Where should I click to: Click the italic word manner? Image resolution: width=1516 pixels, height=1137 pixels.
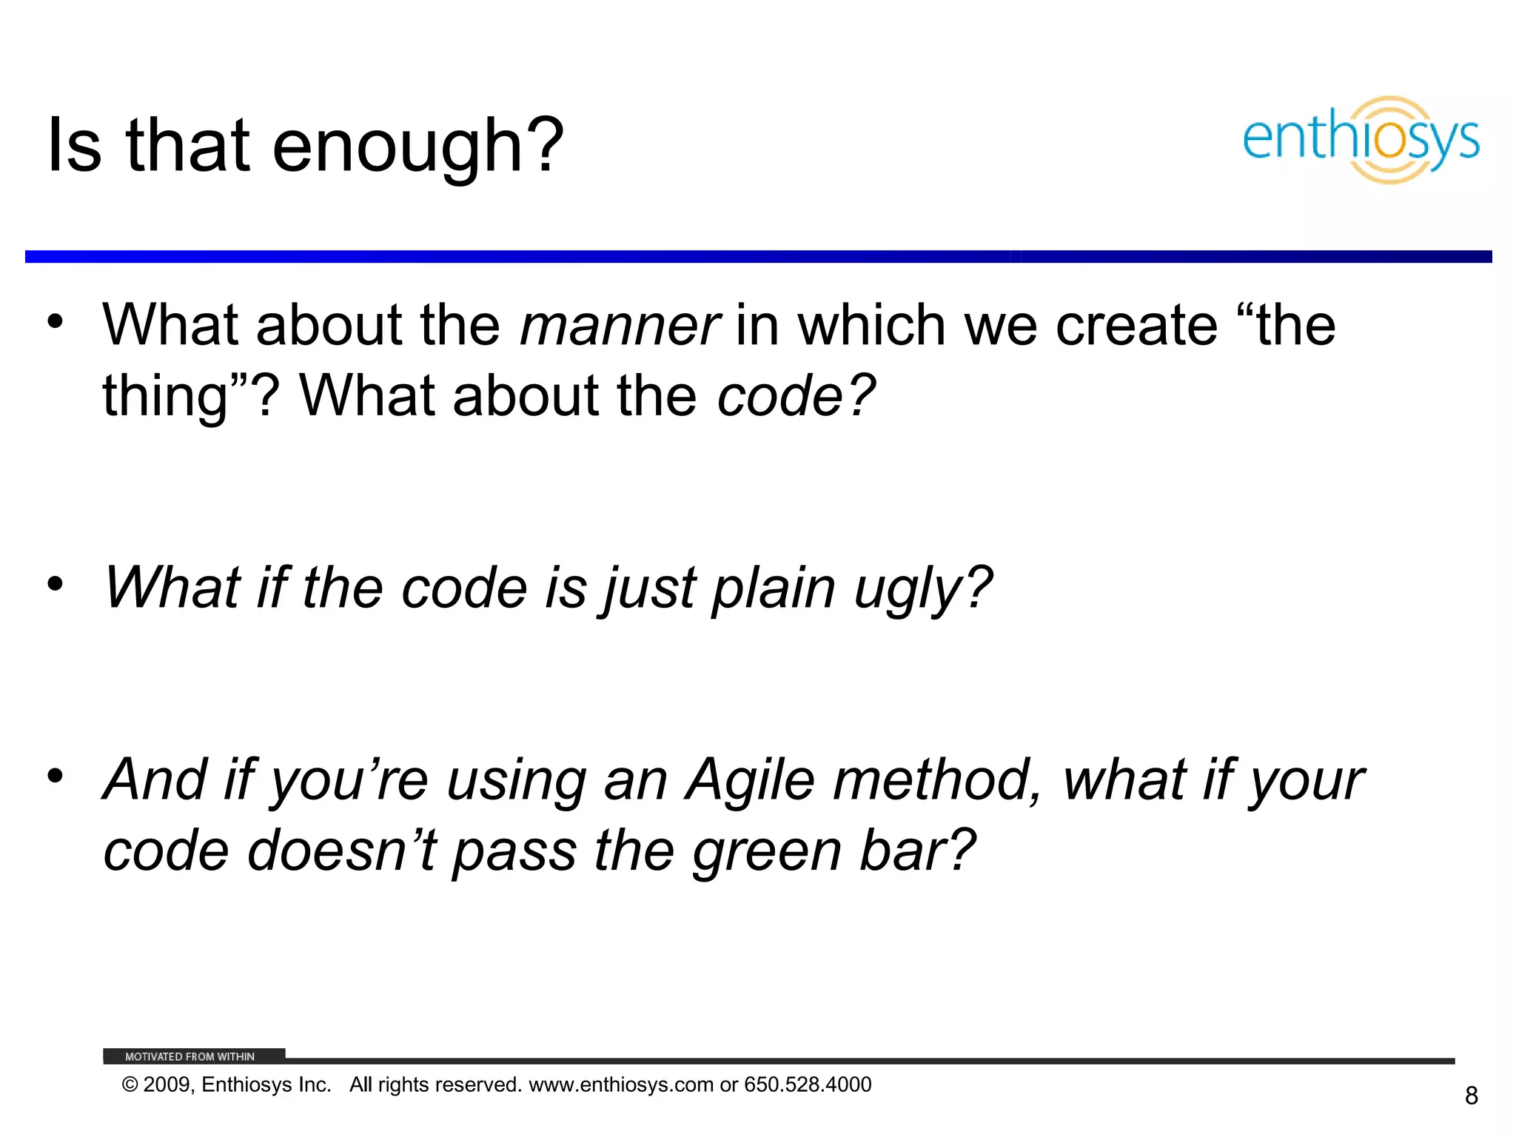coord(619,326)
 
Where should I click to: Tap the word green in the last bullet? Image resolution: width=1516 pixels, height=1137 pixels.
coord(767,851)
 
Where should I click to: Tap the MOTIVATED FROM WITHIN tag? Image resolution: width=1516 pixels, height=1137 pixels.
coord(189,1056)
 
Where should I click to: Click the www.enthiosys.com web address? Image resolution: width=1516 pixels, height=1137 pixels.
coord(621,1085)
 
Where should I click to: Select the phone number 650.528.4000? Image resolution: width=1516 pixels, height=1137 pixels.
coord(808,1085)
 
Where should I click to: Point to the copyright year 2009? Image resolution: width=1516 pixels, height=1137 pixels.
coord(167,1085)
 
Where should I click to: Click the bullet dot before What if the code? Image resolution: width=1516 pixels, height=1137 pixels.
coord(55,585)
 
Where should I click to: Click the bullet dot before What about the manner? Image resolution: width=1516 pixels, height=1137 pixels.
coord(55,322)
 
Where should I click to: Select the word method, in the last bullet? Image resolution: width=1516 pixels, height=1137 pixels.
coord(937,780)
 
